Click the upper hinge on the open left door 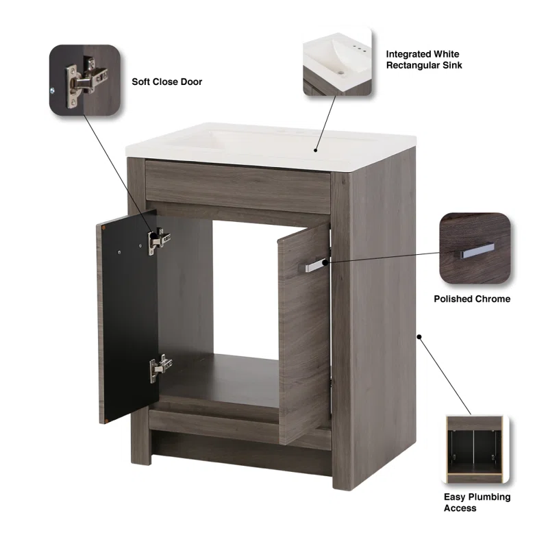click(x=158, y=241)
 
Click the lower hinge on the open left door click(x=160, y=368)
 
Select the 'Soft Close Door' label click(x=166, y=82)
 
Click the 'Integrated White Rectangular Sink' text click(x=424, y=60)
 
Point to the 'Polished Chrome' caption click(x=472, y=299)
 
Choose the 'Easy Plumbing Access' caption click(x=477, y=502)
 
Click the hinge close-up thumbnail click(x=84, y=80)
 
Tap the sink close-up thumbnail click(x=337, y=61)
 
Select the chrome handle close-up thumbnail click(x=475, y=248)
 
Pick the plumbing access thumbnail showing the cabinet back click(x=475, y=449)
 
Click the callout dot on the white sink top click(x=315, y=150)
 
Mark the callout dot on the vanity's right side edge click(x=419, y=336)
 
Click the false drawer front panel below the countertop click(x=238, y=187)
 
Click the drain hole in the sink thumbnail click(x=341, y=73)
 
